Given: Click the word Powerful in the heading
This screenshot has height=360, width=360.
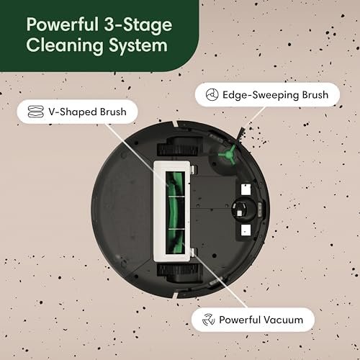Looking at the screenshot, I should coord(58,24).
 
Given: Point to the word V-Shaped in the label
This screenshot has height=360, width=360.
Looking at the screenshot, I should coord(63,113).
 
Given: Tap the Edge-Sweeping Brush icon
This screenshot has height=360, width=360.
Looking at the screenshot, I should coord(211,94).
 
